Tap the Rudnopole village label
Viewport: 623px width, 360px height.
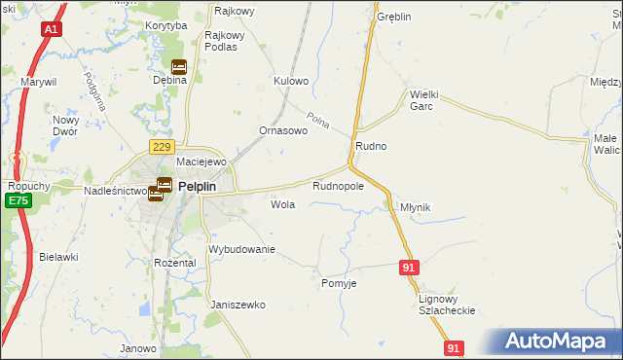coord(338,185)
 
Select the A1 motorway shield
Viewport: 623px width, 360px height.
coord(51,30)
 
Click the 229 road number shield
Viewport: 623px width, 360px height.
coord(162,146)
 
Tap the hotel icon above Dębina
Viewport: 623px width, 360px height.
coord(178,67)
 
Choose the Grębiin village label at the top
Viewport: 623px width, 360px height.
coord(394,18)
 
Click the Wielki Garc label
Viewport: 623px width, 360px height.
coord(426,100)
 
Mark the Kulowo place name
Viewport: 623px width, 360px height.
coord(291,81)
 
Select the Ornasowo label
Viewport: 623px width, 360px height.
coord(283,130)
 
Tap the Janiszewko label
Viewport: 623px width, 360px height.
coord(238,305)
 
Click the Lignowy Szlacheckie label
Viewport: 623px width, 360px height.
coord(446,305)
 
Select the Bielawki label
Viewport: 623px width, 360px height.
coord(58,257)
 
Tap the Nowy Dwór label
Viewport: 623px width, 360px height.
coord(66,126)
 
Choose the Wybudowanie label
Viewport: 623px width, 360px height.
coord(242,249)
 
